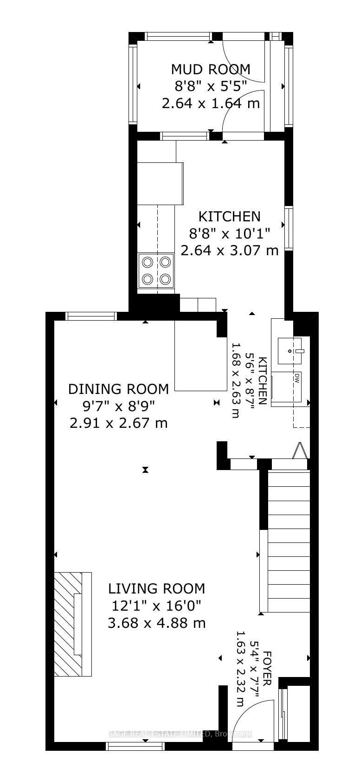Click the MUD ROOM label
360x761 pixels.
[210, 69]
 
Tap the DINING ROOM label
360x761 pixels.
[118, 389]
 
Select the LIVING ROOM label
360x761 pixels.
[156, 588]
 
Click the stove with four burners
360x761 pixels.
[156, 271]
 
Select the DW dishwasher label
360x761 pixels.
[296, 378]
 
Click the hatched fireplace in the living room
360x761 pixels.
[68, 624]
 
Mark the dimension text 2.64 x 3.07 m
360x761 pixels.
[229, 251]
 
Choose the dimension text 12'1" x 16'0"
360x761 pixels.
[156, 606]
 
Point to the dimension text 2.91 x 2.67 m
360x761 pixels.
[118, 423]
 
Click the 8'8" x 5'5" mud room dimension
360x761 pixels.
[210, 86]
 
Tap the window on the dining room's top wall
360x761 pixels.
[90, 316]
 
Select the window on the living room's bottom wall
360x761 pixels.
[135, 746]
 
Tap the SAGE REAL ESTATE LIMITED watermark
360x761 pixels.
[180, 734]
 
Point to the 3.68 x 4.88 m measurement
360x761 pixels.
[156, 623]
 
